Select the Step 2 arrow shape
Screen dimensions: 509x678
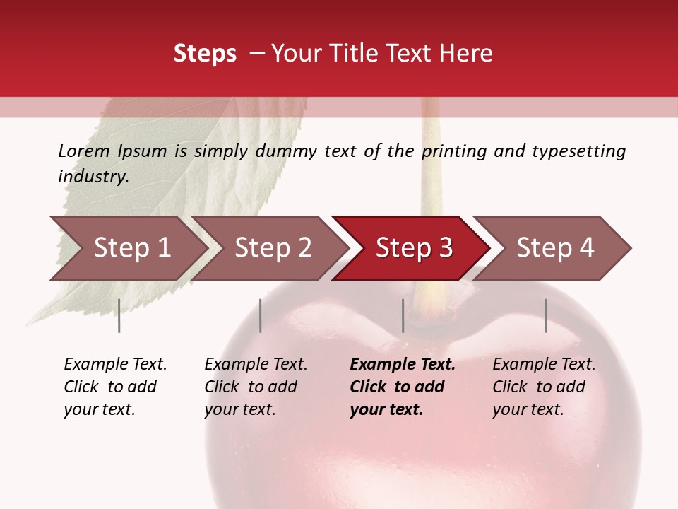pyautogui.click(x=273, y=248)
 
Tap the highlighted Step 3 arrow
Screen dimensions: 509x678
pyautogui.click(x=414, y=248)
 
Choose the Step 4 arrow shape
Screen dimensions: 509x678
pyautogui.click(x=555, y=248)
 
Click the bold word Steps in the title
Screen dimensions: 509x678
pyautogui.click(x=205, y=54)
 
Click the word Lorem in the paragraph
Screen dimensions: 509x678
pyautogui.click(x=83, y=151)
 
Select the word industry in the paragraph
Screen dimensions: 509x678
pyautogui.click(x=93, y=177)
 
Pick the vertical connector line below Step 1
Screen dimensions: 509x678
pyautogui.click(x=119, y=315)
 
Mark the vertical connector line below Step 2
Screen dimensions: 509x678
pyautogui.click(x=261, y=315)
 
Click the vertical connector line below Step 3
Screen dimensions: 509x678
pyautogui.click(x=403, y=315)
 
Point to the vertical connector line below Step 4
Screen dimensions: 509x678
pyautogui.click(x=545, y=315)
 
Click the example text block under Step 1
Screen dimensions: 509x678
pyautogui.click(x=115, y=387)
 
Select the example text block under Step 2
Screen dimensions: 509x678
pyautogui.click(x=256, y=387)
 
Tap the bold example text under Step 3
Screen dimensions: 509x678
pyautogui.click(x=403, y=387)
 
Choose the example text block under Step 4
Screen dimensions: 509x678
pyautogui.click(x=544, y=387)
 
